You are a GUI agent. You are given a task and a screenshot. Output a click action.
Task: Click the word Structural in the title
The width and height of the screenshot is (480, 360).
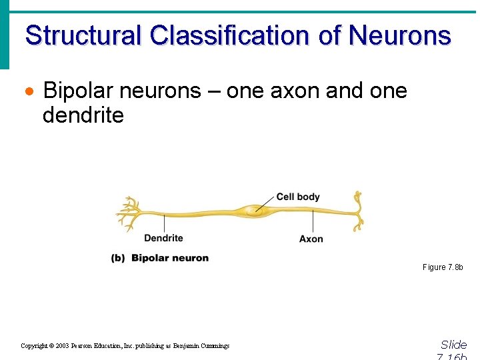click(x=82, y=35)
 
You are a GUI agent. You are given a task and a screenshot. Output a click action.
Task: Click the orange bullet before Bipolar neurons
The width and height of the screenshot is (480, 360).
click(x=29, y=91)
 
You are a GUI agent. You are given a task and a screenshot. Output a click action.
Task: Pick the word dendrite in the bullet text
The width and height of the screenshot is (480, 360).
click(x=83, y=115)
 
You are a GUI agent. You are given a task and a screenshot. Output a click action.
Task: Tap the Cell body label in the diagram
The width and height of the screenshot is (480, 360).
click(x=298, y=197)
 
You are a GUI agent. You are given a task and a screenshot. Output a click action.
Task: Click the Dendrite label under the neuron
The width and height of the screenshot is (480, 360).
click(x=163, y=238)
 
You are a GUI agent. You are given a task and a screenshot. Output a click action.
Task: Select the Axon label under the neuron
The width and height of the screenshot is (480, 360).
click(x=311, y=239)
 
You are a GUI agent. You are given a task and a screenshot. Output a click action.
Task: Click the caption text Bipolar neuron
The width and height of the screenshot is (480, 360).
click(x=170, y=258)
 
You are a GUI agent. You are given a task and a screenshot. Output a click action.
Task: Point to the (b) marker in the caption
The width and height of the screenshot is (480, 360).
click(x=118, y=258)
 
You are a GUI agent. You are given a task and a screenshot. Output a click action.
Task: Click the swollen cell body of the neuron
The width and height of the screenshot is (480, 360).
click(x=255, y=211)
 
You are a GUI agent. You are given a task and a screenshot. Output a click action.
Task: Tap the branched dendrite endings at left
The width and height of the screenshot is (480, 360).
click(x=128, y=212)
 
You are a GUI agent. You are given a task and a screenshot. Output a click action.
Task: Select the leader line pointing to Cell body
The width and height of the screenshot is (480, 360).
click(x=265, y=203)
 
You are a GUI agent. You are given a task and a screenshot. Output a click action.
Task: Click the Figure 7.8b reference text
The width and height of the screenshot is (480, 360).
click(x=442, y=267)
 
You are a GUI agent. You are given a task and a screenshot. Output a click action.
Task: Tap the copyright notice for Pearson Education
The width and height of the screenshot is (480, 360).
click(x=125, y=346)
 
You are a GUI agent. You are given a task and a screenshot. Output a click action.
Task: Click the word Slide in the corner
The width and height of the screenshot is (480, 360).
click(x=453, y=345)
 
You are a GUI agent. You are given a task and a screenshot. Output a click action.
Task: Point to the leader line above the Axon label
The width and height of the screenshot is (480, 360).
click(x=313, y=222)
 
